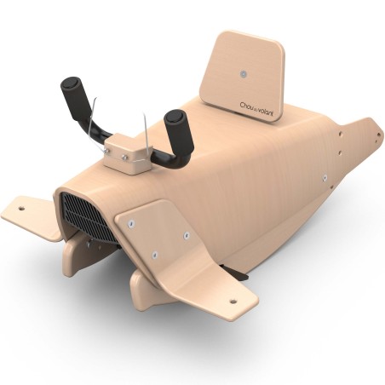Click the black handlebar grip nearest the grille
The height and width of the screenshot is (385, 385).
click(72, 93)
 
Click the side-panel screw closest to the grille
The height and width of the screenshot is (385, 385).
click(132, 223)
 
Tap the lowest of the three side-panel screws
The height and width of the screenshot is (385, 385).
click(155, 254)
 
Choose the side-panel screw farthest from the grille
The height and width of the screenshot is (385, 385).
click(187, 234)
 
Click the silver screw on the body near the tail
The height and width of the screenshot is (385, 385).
click(325, 178)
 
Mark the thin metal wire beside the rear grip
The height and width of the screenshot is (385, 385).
click(148, 128)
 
